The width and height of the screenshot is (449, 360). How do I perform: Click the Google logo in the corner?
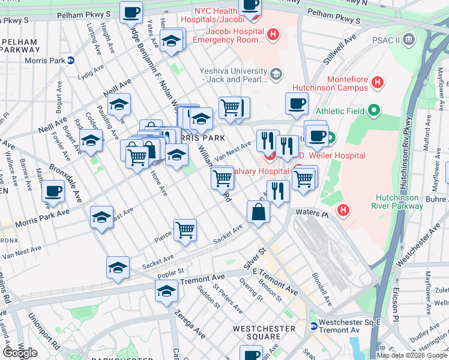20,353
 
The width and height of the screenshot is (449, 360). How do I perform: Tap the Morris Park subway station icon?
70,60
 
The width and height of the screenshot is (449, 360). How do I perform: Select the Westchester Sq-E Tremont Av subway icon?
313,326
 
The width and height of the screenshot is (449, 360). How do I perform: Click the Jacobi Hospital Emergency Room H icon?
273,35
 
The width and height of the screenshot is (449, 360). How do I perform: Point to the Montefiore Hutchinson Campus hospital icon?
378,83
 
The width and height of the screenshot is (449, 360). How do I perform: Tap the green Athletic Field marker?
375,110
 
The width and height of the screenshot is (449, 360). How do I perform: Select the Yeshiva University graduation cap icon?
276,74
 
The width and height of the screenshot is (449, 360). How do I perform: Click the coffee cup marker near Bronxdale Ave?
53,191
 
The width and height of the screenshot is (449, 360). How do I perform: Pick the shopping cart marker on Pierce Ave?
185,230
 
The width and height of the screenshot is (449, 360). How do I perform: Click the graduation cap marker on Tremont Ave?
167,292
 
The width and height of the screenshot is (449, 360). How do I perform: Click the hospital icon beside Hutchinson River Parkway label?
343,210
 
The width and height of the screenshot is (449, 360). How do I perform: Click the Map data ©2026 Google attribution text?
412,355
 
